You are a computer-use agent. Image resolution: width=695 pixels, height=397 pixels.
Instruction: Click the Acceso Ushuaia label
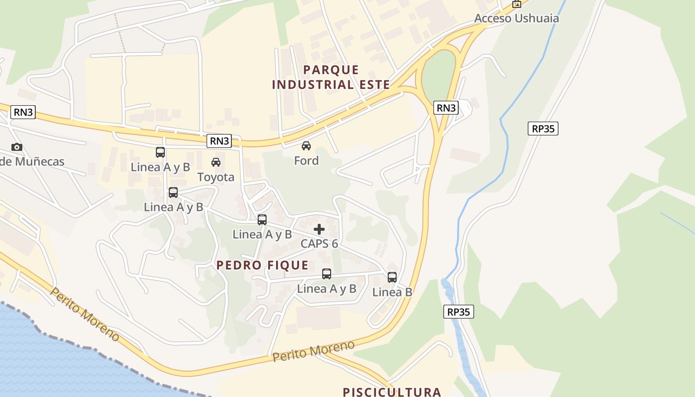point(516,18)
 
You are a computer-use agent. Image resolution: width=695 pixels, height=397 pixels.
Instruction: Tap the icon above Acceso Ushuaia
point(517,4)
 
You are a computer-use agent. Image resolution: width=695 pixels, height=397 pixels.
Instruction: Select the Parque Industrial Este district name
point(331,77)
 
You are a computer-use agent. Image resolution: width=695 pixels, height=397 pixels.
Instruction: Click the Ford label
point(306,161)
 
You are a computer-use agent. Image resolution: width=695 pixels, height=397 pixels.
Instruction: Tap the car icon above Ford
point(306,146)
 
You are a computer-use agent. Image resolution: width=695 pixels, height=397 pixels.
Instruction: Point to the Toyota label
point(216,177)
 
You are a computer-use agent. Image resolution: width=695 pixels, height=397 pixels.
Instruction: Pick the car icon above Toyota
point(216,162)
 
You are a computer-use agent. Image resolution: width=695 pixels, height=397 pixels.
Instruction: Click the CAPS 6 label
point(319,244)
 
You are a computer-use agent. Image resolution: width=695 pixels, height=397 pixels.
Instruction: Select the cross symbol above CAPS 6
point(319,229)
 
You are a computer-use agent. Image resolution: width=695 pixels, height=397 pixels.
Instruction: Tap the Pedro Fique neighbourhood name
point(263,265)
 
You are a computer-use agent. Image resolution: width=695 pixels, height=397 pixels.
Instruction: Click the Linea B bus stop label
point(392,292)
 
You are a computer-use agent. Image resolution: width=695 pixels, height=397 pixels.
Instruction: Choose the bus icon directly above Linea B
point(392,277)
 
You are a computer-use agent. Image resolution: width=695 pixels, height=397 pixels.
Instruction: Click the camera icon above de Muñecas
point(17,147)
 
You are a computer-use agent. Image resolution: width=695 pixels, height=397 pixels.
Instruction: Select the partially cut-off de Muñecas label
point(32,162)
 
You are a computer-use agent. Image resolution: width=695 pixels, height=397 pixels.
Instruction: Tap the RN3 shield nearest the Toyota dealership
point(219,141)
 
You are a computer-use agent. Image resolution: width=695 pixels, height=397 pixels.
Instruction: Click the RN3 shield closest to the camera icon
point(23,112)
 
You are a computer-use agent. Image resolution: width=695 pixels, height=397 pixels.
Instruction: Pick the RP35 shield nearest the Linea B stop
point(458,312)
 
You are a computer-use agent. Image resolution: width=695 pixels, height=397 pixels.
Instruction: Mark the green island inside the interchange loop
point(438,74)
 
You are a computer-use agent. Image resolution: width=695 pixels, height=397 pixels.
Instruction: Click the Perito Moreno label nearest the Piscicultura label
point(314,351)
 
